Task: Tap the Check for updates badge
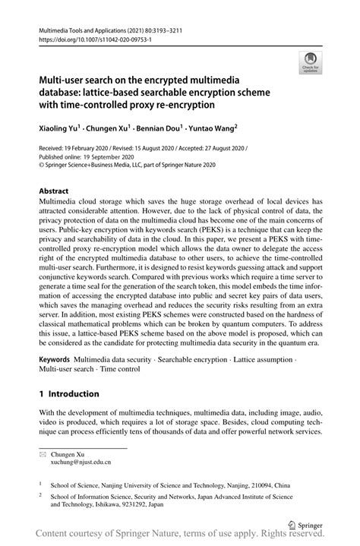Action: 309,62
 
